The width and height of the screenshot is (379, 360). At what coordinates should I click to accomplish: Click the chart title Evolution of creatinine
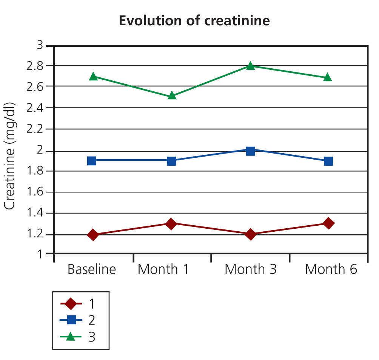pyautogui.click(x=194, y=21)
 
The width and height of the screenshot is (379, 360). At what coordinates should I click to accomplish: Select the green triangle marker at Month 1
pyautogui.click(x=172, y=95)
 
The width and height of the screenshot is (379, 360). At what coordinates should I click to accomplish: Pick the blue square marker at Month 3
pyautogui.click(x=250, y=151)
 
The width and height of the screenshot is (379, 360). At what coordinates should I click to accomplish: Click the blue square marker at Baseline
pyautogui.click(x=92, y=160)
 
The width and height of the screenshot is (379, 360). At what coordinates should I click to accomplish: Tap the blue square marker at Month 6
pyautogui.click(x=328, y=161)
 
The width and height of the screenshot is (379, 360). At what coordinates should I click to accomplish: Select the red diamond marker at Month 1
pyautogui.click(x=171, y=223)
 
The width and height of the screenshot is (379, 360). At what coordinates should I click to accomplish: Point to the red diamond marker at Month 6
pyautogui.click(x=328, y=223)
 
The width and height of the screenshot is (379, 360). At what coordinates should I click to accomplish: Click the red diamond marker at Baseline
pyautogui.click(x=93, y=235)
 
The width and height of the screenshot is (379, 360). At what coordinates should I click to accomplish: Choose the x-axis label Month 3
pyautogui.click(x=251, y=270)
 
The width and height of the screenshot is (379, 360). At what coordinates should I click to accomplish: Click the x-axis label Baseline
pyautogui.click(x=92, y=270)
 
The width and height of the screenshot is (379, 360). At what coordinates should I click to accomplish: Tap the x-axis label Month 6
pyautogui.click(x=331, y=270)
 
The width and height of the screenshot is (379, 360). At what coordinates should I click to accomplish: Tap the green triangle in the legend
pyautogui.click(x=71, y=337)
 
